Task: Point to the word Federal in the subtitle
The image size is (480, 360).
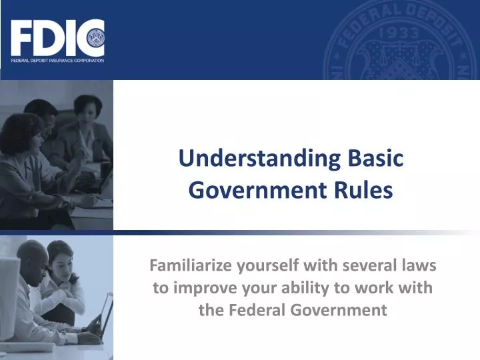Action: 254,310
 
